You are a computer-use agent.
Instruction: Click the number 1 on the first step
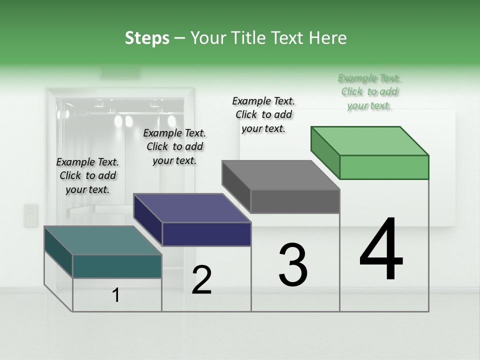116,295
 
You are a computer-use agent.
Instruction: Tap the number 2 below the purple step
201,280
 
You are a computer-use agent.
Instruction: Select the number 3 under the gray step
293,264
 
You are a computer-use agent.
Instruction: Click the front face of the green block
384,167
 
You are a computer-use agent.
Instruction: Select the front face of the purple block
206,234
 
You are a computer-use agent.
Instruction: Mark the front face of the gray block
295,201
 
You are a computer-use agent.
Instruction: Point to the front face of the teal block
117,266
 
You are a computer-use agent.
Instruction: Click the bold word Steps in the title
147,38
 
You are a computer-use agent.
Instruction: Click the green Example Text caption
369,91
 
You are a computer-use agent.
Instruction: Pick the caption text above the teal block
87,175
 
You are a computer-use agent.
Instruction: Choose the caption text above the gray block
263,114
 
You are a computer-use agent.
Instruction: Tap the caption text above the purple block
174,146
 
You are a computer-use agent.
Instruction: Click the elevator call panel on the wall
31,215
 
